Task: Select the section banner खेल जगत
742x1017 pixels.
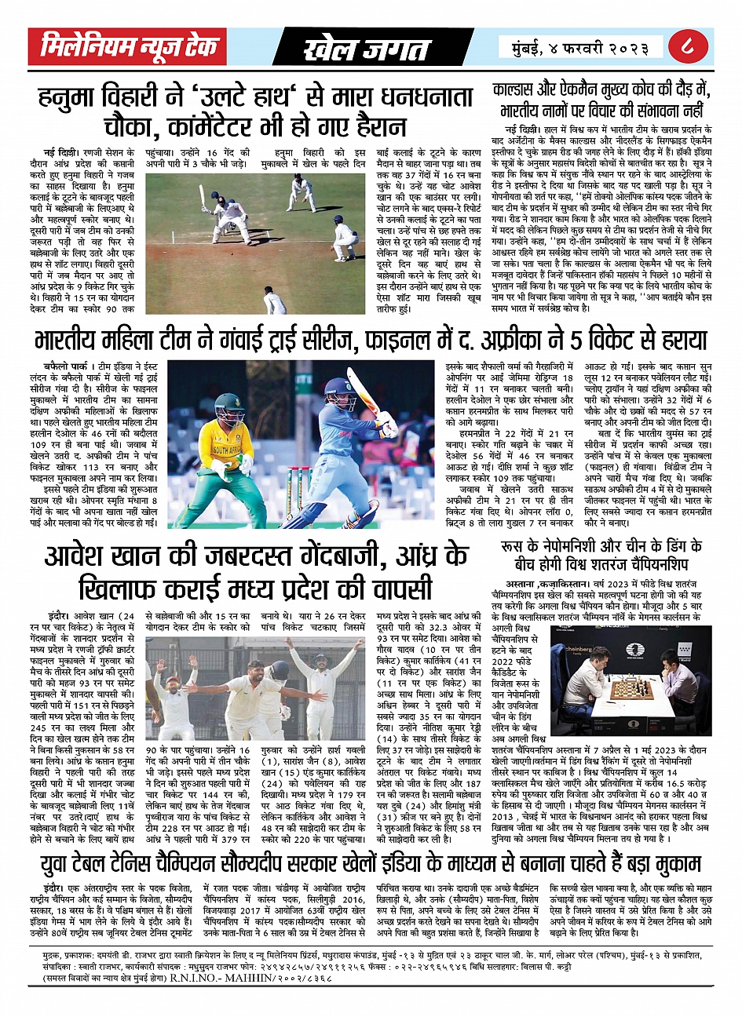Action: (x=367, y=49)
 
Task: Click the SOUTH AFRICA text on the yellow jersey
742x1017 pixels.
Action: (x=228, y=450)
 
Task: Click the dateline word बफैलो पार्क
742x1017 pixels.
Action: (x=66, y=366)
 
